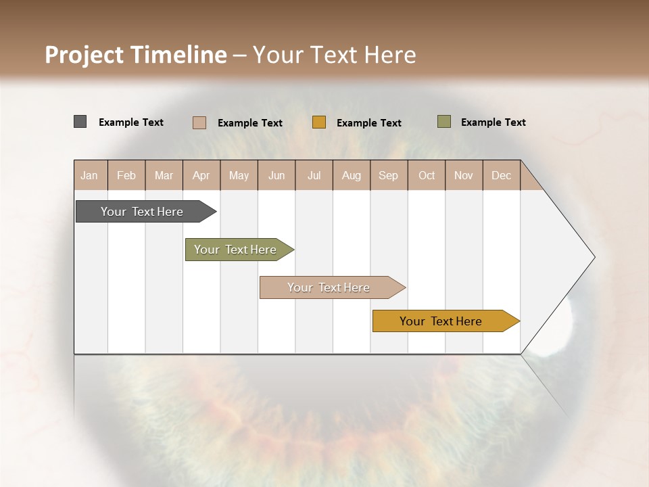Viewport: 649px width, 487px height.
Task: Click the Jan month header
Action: pos(90,175)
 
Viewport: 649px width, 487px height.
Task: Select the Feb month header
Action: pos(126,175)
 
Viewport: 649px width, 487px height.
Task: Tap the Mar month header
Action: pos(164,175)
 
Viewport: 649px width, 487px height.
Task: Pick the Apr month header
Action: pos(201,175)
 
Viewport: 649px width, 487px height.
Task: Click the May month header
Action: pos(239,175)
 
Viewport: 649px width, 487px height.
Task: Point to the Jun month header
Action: pos(277,175)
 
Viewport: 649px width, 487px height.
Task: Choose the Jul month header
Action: pos(314,175)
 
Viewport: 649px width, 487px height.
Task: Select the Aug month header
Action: pos(352,175)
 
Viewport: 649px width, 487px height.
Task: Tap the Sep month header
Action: pos(389,175)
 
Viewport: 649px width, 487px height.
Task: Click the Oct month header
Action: pos(427,175)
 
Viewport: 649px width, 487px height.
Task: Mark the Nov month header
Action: pos(464,175)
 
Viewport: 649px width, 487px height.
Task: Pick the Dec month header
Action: pos(502,175)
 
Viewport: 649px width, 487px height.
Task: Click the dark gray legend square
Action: pos(80,122)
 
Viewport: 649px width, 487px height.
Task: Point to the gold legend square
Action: pos(319,122)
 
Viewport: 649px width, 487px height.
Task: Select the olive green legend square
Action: pos(443,122)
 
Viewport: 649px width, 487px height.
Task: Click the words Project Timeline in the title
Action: pos(135,55)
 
